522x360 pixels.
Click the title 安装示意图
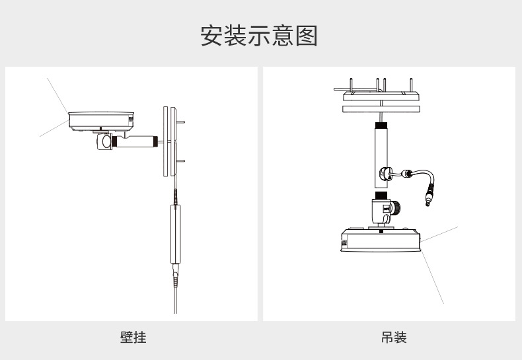coord(258,36)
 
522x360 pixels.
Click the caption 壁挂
coord(133,337)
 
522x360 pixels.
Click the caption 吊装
coord(394,337)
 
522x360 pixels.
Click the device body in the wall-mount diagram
coord(101,122)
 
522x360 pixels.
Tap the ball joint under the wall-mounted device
coord(105,142)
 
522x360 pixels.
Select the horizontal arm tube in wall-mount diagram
coord(135,141)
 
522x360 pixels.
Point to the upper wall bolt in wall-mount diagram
coord(180,122)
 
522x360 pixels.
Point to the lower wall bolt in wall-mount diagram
coord(180,161)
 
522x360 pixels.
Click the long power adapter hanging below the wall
coord(176,234)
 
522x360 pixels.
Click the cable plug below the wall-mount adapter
coord(176,275)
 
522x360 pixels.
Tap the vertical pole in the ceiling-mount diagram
coord(381,157)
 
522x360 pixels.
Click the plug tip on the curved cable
coord(428,199)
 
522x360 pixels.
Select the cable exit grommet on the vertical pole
coord(384,173)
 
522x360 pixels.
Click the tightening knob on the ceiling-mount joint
coord(395,208)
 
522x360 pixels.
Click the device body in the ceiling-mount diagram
coord(381,240)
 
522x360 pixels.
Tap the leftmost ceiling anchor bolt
coord(351,85)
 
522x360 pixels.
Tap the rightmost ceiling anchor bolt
coord(412,85)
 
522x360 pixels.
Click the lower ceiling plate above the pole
coord(381,109)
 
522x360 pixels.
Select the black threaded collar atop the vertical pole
coord(381,126)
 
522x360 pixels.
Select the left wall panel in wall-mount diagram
coord(165,141)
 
